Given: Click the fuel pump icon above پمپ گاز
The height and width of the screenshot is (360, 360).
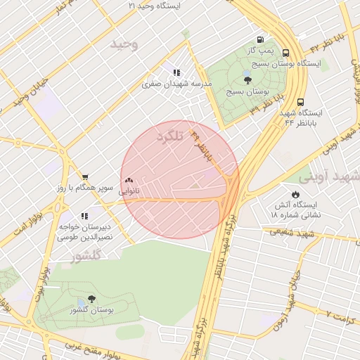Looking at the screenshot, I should pos(261,40).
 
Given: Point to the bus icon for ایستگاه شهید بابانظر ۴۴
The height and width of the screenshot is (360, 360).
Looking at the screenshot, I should pos(301,102).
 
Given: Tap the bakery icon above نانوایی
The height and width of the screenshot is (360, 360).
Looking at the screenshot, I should pos(129,181).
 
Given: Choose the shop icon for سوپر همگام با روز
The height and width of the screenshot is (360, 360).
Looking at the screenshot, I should pos(85,177).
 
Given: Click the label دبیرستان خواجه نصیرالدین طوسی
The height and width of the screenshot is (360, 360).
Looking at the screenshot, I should pos(86,233).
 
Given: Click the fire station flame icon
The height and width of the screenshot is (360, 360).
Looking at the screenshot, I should pos(295,194).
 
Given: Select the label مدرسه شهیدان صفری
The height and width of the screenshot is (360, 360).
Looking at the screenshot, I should pos(176,84).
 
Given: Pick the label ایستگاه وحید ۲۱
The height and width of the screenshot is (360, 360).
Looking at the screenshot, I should pos(154,6).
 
